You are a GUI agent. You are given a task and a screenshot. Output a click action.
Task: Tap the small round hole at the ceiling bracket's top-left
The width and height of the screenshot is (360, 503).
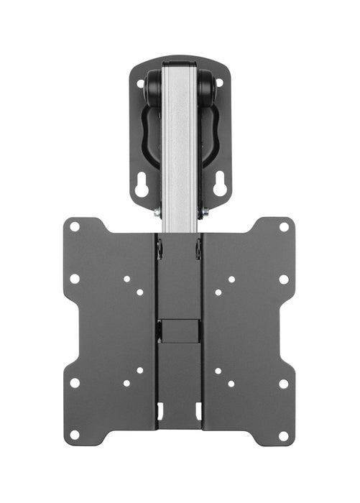pyautogui.click(x=141, y=83)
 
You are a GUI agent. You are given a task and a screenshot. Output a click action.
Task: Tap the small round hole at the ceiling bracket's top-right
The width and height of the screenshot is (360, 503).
pyautogui.click(x=219, y=83)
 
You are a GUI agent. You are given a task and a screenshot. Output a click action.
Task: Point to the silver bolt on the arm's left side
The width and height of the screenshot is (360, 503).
pyautogui.click(x=157, y=211)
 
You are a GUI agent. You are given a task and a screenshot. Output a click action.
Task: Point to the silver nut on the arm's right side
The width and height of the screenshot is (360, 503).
pyautogui.click(x=205, y=211)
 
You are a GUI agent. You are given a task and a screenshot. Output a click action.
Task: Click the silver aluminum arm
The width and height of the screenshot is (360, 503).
pyautogui.click(x=180, y=144)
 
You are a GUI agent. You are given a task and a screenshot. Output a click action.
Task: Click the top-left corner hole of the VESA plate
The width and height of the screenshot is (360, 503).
pyautogui.click(x=75, y=227)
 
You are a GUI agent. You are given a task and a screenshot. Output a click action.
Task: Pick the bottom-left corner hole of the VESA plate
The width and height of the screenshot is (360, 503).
pyautogui.click(x=75, y=435)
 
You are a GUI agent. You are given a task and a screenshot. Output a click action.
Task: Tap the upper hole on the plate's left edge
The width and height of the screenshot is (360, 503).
pyautogui.click(x=75, y=279)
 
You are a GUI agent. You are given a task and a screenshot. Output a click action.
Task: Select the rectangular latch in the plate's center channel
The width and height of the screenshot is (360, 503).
pyautogui.click(x=180, y=330)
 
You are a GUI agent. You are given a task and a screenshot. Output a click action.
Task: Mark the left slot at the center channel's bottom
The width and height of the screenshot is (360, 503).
pyautogui.click(x=160, y=411)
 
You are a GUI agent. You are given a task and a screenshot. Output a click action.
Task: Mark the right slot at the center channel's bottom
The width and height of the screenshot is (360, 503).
pyautogui.click(x=198, y=411)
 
